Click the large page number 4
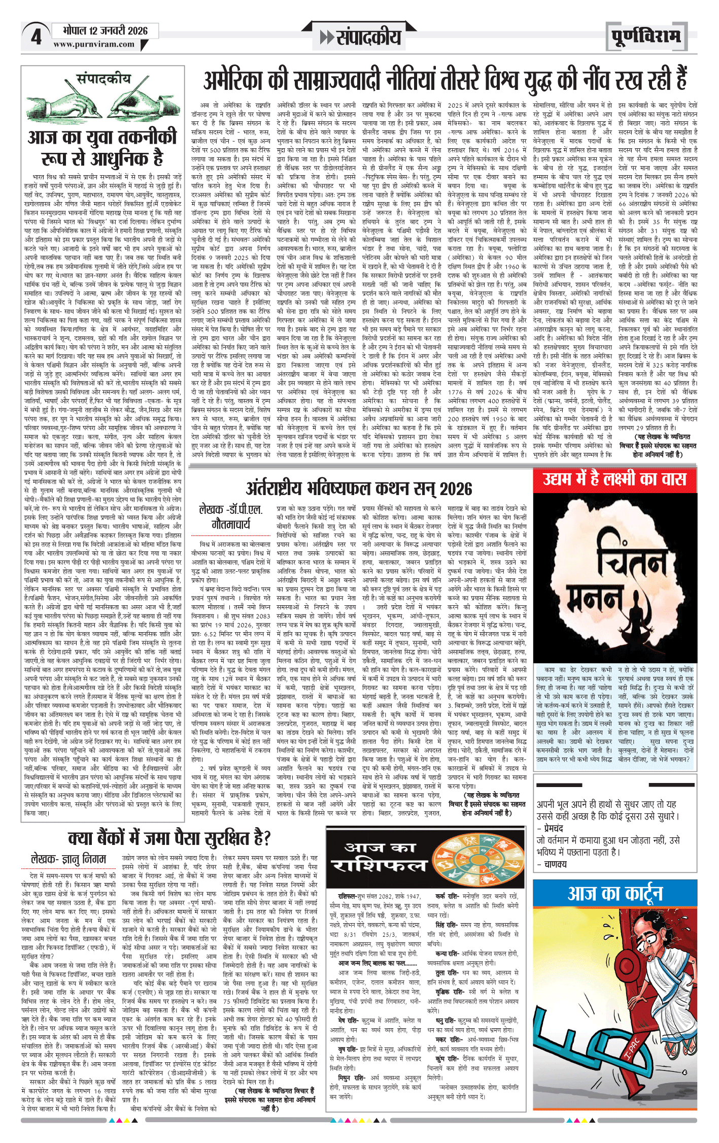pos(36,37)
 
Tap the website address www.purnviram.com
pos(94,45)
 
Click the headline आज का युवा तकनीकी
pos(102,138)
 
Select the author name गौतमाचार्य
pos(231,524)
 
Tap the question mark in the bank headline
pos(265,837)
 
